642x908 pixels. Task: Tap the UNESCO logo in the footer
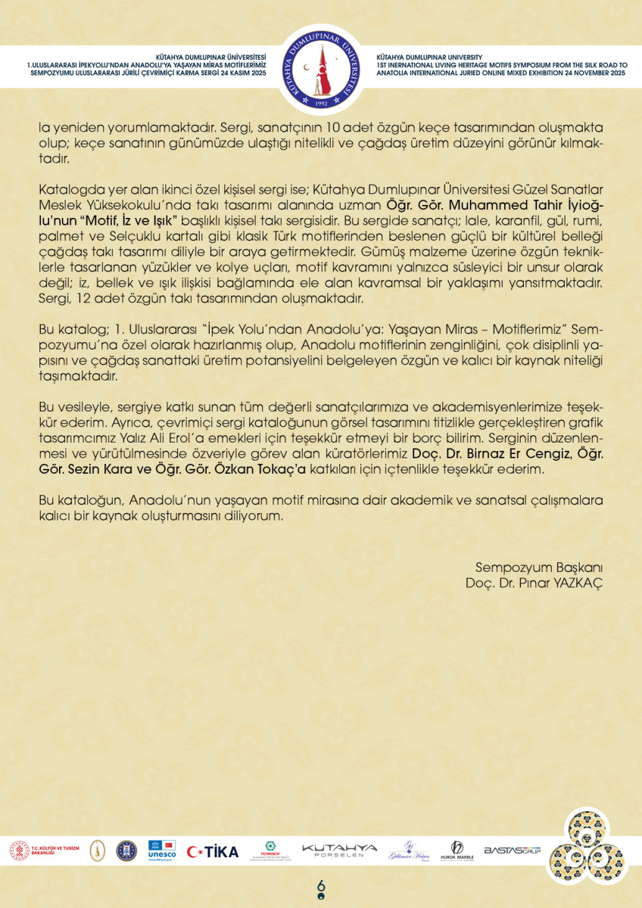click(x=162, y=850)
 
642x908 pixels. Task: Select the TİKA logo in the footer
click(x=213, y=851)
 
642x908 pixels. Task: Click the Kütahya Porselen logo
click(x=338, y=850)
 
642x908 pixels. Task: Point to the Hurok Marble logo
click(x=457, y=850)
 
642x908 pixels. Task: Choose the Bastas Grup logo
click(x=513, y=850)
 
